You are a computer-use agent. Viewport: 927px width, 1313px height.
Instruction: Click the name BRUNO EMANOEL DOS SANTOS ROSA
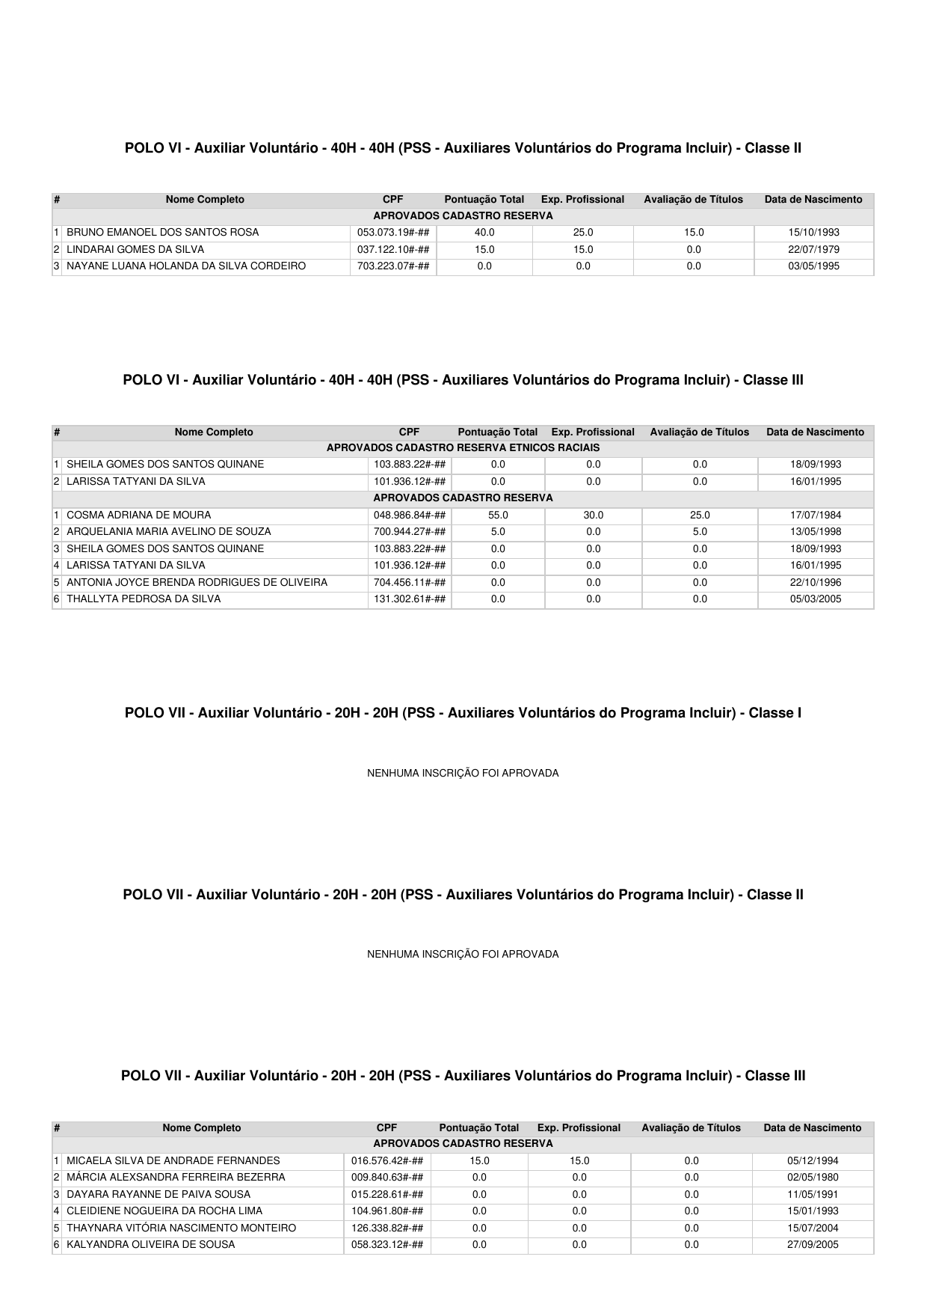coord(162,233)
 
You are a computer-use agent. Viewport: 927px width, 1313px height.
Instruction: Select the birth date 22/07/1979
coord(813,250)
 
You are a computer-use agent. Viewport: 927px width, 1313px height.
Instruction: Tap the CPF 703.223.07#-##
coord(393,266)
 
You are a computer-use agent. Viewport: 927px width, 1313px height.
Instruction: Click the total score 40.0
coord(484,233)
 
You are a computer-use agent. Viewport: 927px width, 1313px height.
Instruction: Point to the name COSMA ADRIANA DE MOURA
coord(138,515)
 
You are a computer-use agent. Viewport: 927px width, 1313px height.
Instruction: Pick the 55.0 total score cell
coord(498,515)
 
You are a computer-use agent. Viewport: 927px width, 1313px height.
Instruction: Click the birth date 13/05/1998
coord(816,532)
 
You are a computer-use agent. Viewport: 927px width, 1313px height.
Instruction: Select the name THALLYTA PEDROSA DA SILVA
coord(144,599)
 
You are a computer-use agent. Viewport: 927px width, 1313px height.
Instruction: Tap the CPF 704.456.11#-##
coord(410,582)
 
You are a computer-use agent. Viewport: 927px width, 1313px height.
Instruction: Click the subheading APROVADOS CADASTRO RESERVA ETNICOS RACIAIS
coord(463,448)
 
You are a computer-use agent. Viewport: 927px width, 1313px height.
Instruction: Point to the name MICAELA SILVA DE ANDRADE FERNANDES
coord(173,1161)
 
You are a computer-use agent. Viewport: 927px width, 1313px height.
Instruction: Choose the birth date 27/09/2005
coord(813,1245)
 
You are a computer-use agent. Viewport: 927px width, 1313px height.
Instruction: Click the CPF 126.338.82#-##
coord(387,1228)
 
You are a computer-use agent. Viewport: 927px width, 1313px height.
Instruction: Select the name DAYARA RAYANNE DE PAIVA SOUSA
coord(158,1195)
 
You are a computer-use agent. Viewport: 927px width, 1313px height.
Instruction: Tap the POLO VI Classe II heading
coord(463,148)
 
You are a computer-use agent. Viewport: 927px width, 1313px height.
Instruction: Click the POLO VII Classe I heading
coord(463,713)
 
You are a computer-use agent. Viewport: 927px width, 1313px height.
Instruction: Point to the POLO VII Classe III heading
coord(463,1076)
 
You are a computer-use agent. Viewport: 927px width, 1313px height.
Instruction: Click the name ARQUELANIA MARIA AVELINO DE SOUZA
coord(168,532)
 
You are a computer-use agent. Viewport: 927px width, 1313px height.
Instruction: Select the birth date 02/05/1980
coord(813,1178)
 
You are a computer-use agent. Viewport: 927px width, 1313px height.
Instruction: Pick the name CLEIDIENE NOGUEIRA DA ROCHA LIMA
coord(164,1211)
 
